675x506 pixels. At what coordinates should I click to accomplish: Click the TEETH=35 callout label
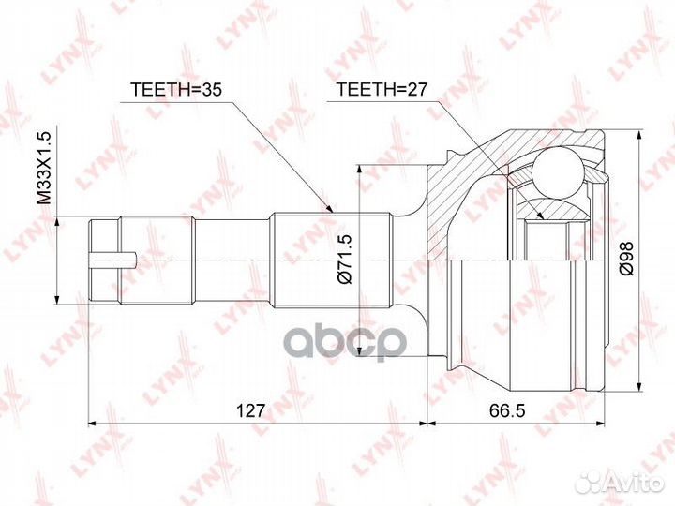coord(175,89)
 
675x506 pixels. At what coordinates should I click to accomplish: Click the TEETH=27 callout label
coord(382,89)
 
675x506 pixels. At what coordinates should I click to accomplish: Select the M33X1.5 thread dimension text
coord(44,168)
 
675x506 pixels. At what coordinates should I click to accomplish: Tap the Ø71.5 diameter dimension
coord(346,259)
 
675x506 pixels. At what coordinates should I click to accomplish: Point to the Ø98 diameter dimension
coord(625,258)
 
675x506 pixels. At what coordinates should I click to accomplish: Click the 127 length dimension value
coord(251,411)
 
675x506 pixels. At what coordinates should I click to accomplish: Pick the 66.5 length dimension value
coord(507,411)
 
